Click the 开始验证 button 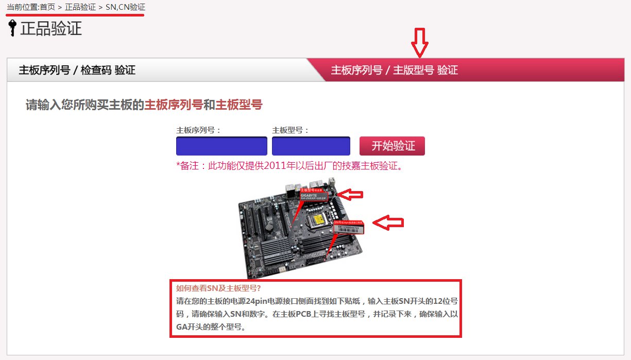[x=392, y=146]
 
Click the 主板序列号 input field [x=221, y=146]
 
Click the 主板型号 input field [x=311, y=146]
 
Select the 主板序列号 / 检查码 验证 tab [x=77, y=71]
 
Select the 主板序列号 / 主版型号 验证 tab [x=394, y=71]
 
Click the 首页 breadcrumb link [x=47, y=8]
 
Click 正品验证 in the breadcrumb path [x=80, y=8]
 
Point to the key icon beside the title [x=12, y=28]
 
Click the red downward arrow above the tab [x=420, y=43]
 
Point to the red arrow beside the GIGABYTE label [x=353, y=194]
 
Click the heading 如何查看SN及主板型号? [x=218, y=288]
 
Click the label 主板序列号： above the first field [x=198, y=130]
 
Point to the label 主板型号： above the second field [x=291, y=130]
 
